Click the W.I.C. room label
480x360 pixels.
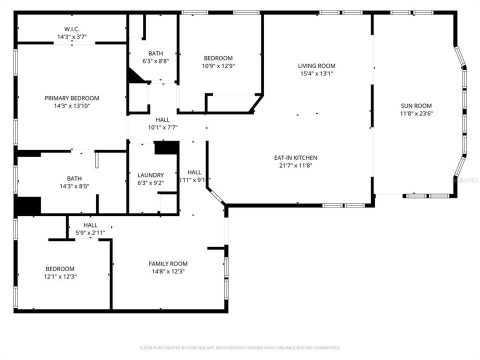(72, 29)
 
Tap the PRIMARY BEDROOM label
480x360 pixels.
(71, 98)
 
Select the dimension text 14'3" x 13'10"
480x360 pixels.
(71, 105)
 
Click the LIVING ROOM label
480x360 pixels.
(316, 65)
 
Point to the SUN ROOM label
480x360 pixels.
(416, 105)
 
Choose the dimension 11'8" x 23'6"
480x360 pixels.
(416, 113)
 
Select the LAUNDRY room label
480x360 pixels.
(150, 175)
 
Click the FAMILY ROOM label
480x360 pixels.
(168, 263)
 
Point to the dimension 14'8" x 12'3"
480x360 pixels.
(168, 271)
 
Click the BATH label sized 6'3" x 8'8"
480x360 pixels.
(155, 53)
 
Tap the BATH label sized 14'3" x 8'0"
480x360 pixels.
(74, 178)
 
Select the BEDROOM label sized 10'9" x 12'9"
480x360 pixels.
(218, 58)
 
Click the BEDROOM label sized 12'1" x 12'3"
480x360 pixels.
(60, 268)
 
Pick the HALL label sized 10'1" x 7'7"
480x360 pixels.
(162, 120)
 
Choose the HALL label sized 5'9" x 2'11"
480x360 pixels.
(90, 225)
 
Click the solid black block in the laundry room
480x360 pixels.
(166, 147)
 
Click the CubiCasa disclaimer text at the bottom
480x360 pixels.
(240, 347)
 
